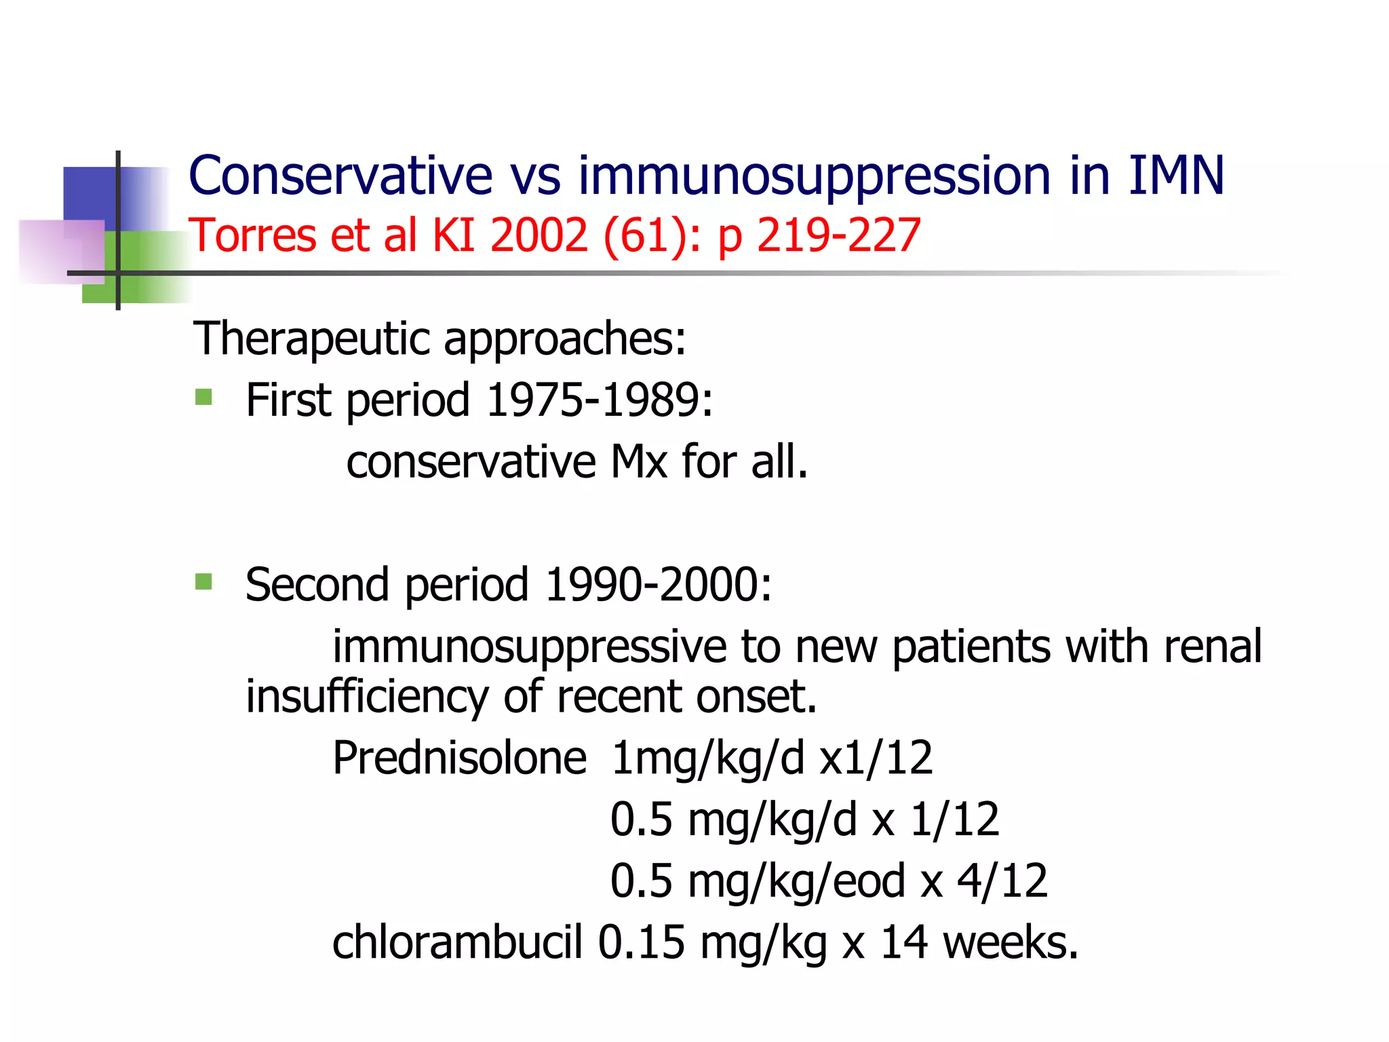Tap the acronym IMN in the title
pyautogui.click(x=1176, y=176)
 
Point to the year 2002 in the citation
pyautogui.click(x=539, y=235)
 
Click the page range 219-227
pyautogui.click(x=838, y=235)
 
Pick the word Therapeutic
pyautogui.click(x=312, y=339)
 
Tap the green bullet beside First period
pyautogui.click(x=203, y=396)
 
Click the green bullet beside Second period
pyautogui.click(x=203, y=581)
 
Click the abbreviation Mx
pyautogui.click(x=639, y=462)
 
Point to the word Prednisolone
pyautogui.click(x=459, y=758)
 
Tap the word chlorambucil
pyautogui.click(x=457, y=942)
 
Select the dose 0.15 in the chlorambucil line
pyautogui.click(x=641, y=942)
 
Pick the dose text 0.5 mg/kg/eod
pyautogui.click(x=758, y=881)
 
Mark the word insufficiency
pyautogui.click(x=367, y=697)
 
